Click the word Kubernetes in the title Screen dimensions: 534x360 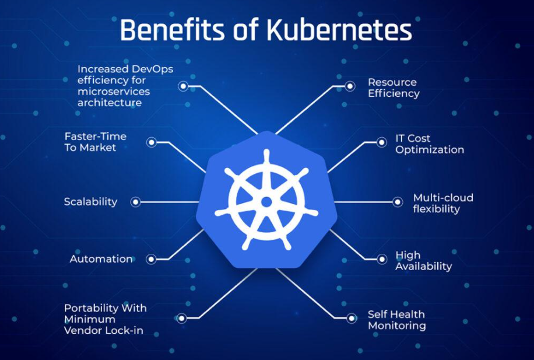pos(339,30)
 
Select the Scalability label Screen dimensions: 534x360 pos(90,201)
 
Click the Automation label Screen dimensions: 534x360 pos(101,258)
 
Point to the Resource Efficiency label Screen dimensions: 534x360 pos(394,88)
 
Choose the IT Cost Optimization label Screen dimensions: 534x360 pos(430,144)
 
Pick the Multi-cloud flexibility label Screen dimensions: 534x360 pos(443,203)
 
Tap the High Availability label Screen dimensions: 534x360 pos(424,261)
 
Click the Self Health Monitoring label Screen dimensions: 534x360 pos(397,320)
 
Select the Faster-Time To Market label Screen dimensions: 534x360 pos(96,142)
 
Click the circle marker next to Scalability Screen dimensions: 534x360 pos(136,202)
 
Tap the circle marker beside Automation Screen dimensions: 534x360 pos(151,260)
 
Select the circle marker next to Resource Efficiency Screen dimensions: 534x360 pos(350,86)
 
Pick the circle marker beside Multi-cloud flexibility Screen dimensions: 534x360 pos(398,202)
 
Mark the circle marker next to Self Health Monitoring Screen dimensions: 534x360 pos(352,319)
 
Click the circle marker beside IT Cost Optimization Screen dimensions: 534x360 pos(381,142)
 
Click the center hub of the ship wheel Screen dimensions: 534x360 pos(266,202)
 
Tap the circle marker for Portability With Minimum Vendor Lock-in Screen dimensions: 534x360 pos(181,319)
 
